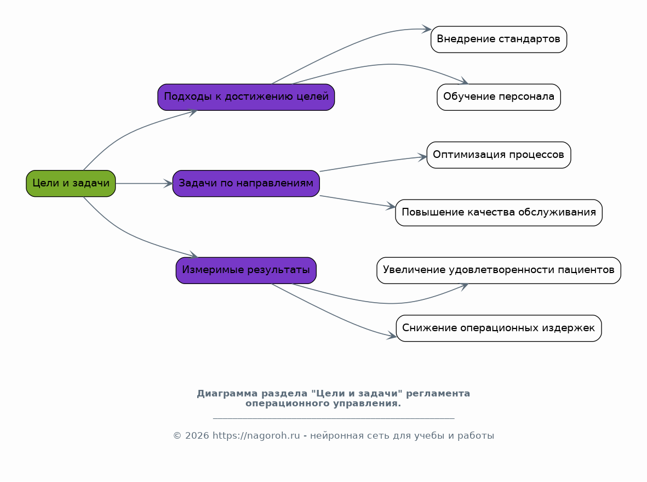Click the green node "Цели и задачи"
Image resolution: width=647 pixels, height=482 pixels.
71,183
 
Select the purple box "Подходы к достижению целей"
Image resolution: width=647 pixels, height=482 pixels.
246,97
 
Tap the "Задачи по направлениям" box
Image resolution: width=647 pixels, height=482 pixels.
246,183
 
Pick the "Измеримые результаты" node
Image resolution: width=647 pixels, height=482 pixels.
246,270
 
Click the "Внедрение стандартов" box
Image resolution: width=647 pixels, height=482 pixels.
499,39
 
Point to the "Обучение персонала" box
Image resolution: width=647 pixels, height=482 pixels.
499,97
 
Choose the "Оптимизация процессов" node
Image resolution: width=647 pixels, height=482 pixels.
499,155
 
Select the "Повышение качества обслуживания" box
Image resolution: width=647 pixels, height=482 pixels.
499,213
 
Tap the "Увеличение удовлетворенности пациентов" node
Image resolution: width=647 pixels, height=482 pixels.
499,270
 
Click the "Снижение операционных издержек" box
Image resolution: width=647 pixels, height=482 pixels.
499,328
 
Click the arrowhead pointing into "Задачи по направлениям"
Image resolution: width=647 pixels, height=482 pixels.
168,183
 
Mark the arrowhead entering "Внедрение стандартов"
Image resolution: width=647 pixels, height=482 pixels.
427,29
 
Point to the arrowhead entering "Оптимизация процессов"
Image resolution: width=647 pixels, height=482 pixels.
422,157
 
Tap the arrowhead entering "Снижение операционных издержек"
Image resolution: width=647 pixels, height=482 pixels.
392,336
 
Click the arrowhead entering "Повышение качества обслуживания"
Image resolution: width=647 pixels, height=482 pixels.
391,206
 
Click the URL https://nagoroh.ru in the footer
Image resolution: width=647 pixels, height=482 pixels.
256,436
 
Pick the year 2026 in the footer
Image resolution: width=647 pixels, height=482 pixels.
197,436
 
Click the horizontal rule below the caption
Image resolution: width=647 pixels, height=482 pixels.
334,418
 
